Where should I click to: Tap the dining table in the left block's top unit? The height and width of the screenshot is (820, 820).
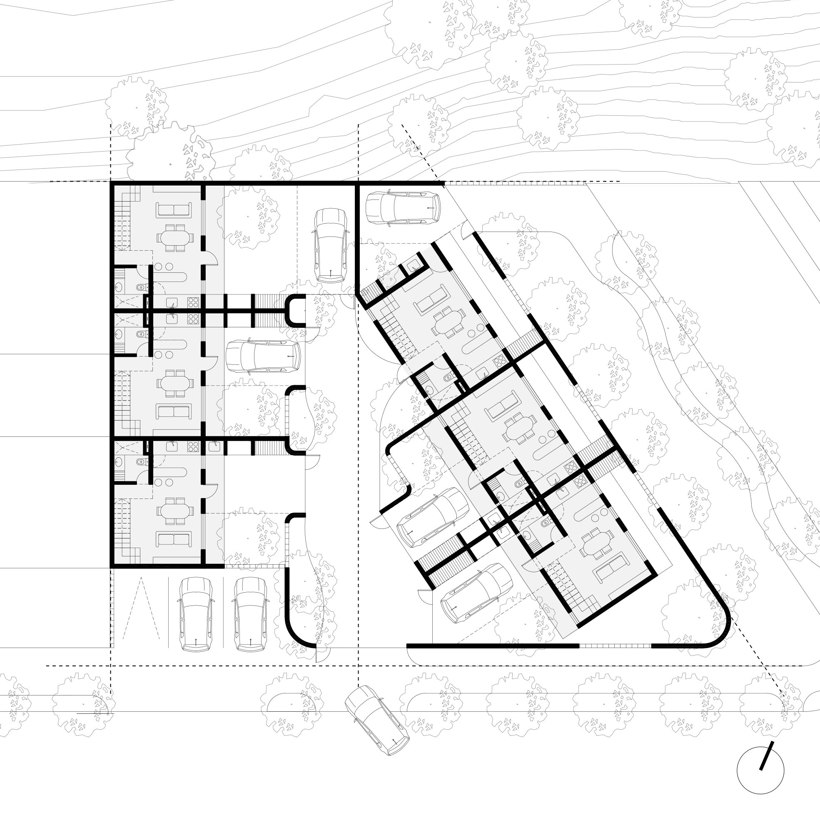(x=175, y=238)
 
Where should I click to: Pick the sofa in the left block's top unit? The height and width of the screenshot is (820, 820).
(x=173, y=210)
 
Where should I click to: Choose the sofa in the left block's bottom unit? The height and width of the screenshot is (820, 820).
(x=173, y=539)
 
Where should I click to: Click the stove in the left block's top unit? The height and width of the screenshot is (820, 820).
(x=193, y=302)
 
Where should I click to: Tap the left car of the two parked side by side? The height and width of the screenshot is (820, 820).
(x=196, y=614)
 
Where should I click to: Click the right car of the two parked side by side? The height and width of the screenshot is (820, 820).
(x=250, y=614)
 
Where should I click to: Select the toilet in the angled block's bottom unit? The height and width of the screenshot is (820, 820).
(x=546, y=523)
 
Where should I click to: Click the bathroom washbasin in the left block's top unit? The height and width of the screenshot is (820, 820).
(x=118, y=287)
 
